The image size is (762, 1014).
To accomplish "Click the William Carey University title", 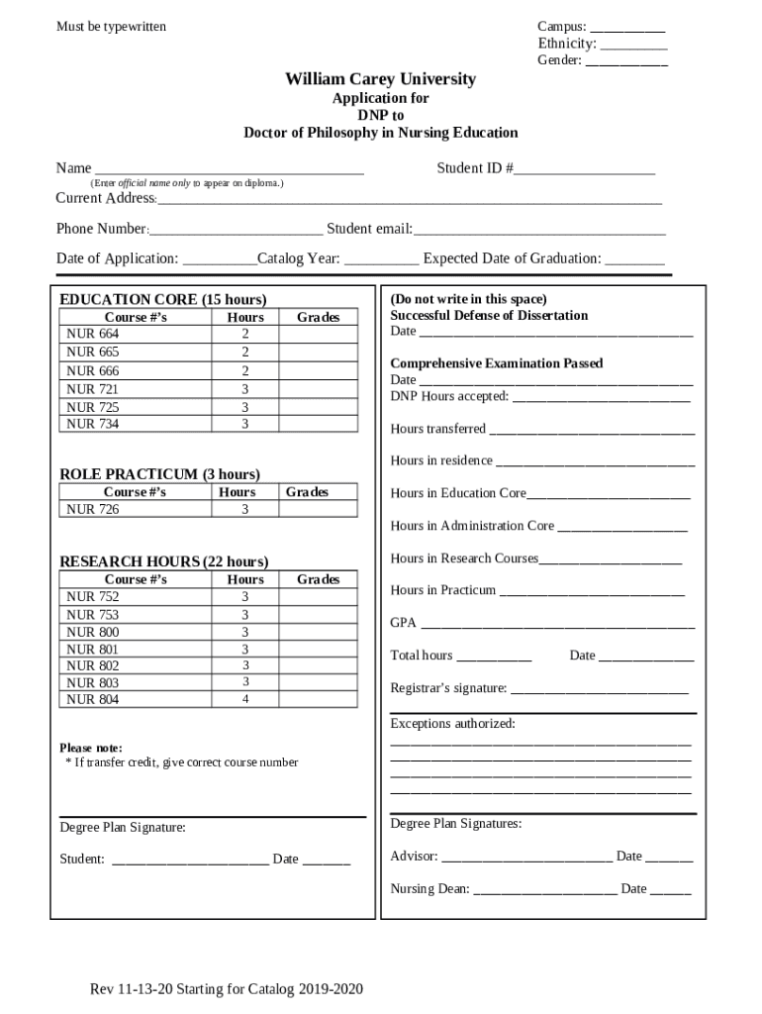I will pyautogui.click(x=381, y=79).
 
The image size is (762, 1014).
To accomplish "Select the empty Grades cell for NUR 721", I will pyautogui.click(x=318, y=389).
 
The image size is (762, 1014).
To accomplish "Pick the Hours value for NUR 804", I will pyautogui.click(x=244, y=699).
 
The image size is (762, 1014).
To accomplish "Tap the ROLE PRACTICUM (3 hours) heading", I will pyautogui.click(x=159, y=474).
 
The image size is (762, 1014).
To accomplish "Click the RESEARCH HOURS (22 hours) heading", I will pyautogui.click(x=163, y=561).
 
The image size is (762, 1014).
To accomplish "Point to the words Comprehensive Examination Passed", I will pyautogui.click(x=496, y=363).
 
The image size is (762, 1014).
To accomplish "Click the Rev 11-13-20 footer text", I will pyautogui.click(x=227, y=989).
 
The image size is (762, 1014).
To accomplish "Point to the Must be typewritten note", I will pyautogui.click(x=111, y=27).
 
